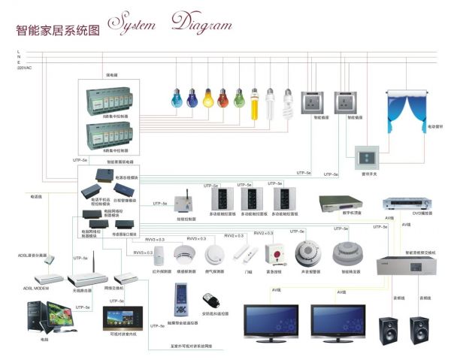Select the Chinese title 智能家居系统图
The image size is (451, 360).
(x=58, y=31)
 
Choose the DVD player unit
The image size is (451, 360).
(x=405, y=204)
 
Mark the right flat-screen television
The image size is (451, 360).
(x=338, y=319)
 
